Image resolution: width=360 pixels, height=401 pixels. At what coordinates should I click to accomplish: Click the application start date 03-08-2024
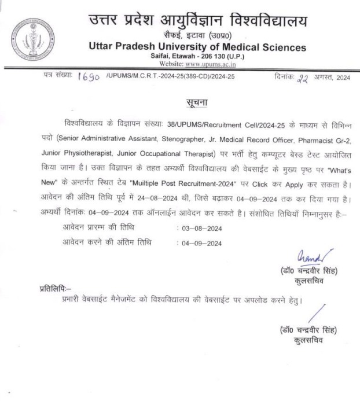pyautogui.click(x=203, y=228)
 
